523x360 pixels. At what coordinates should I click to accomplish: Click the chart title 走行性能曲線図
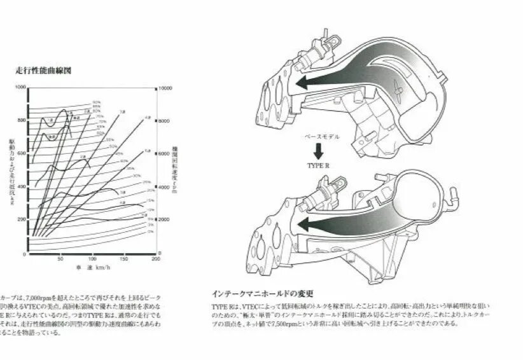tap(44, 71)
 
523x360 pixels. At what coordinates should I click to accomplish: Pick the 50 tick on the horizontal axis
tap(60, 260)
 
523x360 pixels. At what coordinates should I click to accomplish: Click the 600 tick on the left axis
tap(22, 153)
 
